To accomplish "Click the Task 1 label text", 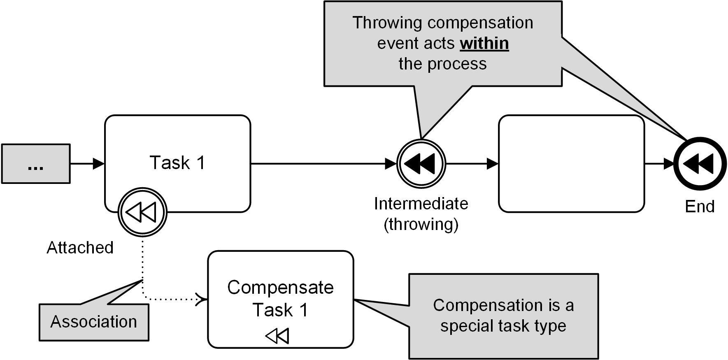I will (x=177, y=163).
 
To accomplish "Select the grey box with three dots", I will (x=36, y=164).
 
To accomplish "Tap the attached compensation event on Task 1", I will (x=142, y=212).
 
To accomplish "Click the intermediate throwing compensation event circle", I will (x=421, y=164).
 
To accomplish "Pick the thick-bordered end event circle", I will (x=700, y=164).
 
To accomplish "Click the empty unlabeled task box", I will (x=571, y=164).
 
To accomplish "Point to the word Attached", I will (x=80, y=248).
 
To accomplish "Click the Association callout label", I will (x=94, y=322).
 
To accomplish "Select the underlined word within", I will (x=484, y=44).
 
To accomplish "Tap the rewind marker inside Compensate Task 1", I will (x=277, y=336).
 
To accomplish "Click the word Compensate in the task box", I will (x=280, y=288).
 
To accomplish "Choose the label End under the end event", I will (x=700, y=207).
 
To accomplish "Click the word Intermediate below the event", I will (x=421, y=204).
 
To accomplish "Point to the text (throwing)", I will (x=421, y=225).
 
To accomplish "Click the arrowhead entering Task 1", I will (x=99, y=164).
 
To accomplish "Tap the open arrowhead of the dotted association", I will (x=202, y=299).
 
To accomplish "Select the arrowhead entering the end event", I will (x=668, y=164).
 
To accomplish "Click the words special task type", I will (x=503, y=326).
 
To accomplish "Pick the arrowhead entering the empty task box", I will (x=492, y=164).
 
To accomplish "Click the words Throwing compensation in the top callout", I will (x=442, y=23).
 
